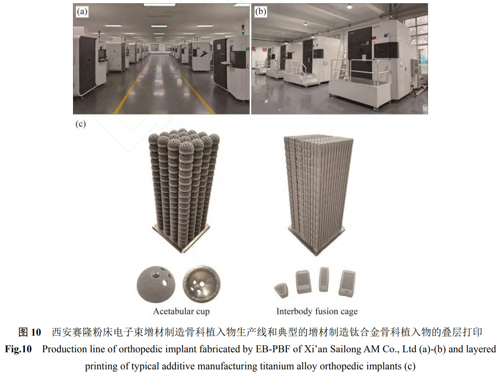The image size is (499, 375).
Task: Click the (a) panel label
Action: [82, 11]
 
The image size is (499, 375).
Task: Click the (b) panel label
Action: [260, 11]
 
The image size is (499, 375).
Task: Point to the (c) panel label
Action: [81, 124]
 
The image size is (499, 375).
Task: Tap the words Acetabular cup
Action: [181, 311]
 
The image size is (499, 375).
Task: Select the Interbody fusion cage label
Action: [317, 311]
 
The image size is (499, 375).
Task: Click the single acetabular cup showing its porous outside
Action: [156, 284]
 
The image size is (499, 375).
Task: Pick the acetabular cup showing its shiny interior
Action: [201, 284]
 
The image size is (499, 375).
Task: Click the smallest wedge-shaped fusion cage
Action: [282, 291]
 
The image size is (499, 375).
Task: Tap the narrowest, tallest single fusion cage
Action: [324, 279]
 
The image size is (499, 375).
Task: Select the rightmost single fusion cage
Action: [347, 284]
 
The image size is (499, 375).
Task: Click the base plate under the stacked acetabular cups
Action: [181, 239]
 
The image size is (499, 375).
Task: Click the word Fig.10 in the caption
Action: [18, 349]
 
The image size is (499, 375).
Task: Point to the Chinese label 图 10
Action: [30, 332]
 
